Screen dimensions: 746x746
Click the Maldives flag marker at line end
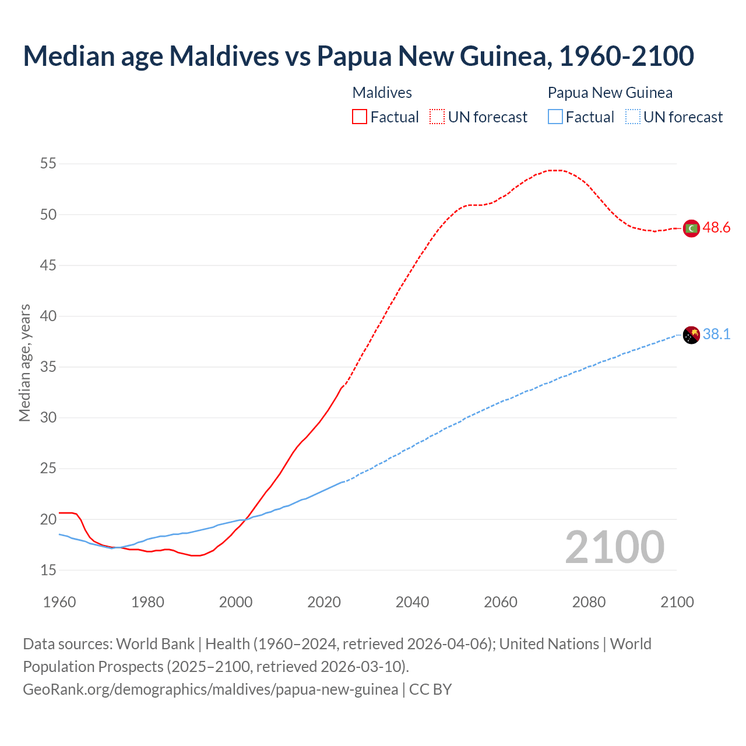[691, 228]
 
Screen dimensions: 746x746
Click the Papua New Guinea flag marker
[691, 335]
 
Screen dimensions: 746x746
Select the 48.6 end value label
[716, 228]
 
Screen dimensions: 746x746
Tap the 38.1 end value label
[716, 334]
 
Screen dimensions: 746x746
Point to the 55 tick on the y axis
[48, 164]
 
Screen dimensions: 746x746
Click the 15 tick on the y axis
[48, 570]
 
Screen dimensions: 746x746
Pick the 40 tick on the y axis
[48, 316]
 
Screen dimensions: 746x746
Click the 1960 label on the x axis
[59, 602]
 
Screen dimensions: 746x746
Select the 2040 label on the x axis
[412, 602]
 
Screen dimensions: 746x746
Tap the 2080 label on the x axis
[589, 602]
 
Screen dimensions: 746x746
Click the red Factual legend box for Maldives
[360, 117]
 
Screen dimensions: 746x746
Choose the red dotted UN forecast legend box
[437, 117]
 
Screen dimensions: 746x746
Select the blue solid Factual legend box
[555, 117]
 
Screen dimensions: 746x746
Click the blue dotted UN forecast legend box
[632, 117]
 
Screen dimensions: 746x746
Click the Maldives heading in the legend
[382, 93]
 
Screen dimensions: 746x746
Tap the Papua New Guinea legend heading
[610, 93]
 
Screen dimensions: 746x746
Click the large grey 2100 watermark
[614, 547]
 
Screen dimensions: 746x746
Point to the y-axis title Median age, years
[25, 363]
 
